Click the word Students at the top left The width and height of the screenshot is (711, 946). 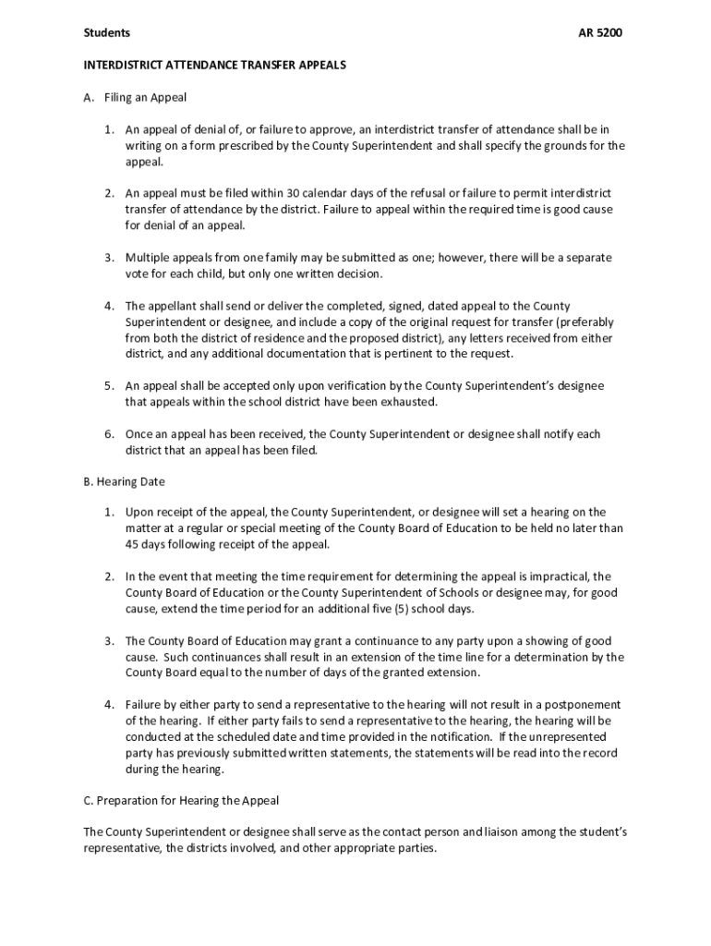coord(107,33)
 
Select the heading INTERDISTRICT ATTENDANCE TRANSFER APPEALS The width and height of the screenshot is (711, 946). coord(214,66)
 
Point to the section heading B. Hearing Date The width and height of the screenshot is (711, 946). coord(125,481)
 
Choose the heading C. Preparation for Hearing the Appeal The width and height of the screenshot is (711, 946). coord(181,800)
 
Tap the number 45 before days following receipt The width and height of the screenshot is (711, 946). coord(133,544)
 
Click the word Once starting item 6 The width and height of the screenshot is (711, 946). coord(139,434)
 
